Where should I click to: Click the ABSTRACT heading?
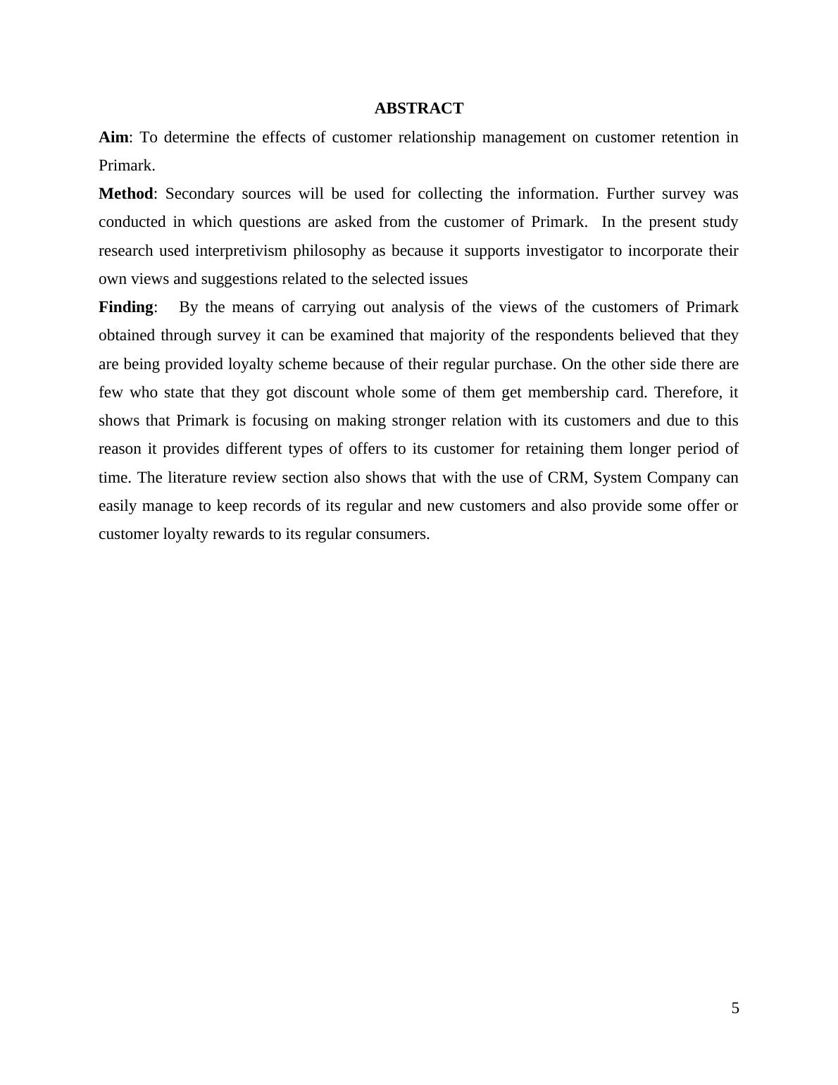click(x=418, y=108)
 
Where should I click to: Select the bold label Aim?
click(x=113, y=137)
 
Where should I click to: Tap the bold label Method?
click(x=125, y=194)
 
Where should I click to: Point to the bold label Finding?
click(x=125, y=307)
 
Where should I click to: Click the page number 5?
click(x=735, y=1008)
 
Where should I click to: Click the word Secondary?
click(x=199, y=194)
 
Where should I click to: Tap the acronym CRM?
click(x=565, y=478)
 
